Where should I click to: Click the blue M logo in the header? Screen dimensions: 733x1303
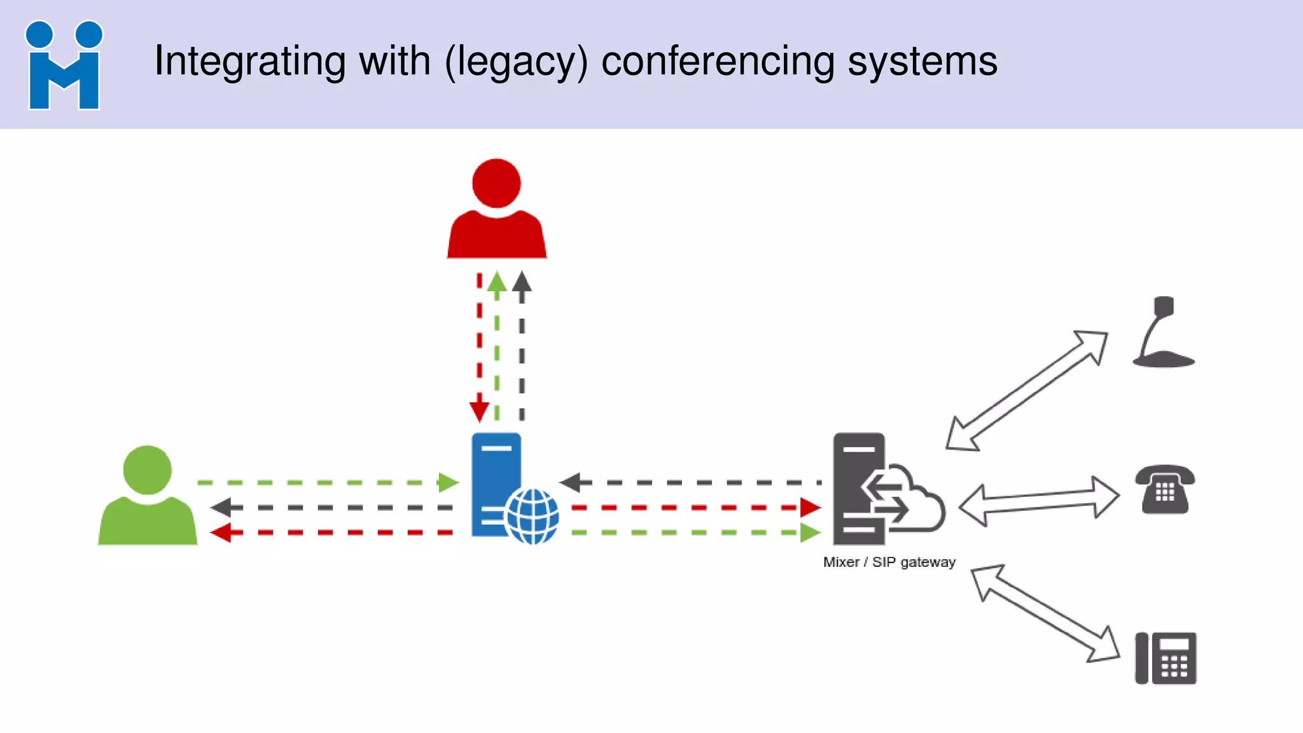click(x=64, y=66)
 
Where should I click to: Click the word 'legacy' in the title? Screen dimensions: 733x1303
click(x=516, y=62)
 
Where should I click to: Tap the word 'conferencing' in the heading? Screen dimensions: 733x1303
click(x=718, y=62)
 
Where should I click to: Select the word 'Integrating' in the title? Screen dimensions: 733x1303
click(x=249, y=62)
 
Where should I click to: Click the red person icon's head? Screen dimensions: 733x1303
click(x=496, y=184)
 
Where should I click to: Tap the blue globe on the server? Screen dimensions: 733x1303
click(x=533, y=516)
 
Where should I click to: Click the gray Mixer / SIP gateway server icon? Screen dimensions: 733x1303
click(x=859, y=488)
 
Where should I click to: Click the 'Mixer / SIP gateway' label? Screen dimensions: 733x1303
click(x=889, y=562)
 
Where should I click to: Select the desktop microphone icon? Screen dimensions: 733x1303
click(x=1163, y=334)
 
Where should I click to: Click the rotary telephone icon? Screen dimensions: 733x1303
click(x=1165, y=489)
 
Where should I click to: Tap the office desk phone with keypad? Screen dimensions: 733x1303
click(x=1166, y=658)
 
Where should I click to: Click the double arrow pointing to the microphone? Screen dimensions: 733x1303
click(x=1026, y=391)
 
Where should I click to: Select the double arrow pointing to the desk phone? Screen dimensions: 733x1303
click(x=1045, y=615)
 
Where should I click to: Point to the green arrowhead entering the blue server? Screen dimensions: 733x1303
click(x=448, y=482)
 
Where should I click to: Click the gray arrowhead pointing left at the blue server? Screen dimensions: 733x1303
click(x=571, y=482)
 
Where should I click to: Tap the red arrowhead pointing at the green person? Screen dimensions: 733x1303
click(x=221, y=533)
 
